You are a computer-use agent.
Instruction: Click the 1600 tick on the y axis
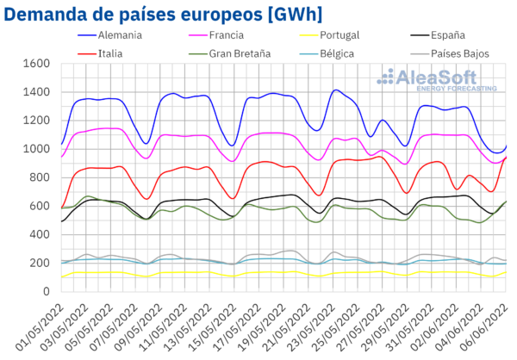point(39,65)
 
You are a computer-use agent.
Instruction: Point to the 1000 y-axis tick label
point(39,150)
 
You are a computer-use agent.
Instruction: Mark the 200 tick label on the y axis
point(43,264)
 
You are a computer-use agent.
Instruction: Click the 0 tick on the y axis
point(50,292)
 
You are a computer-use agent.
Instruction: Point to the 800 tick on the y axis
point(43,178)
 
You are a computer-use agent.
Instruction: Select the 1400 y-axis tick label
point(39,93)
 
